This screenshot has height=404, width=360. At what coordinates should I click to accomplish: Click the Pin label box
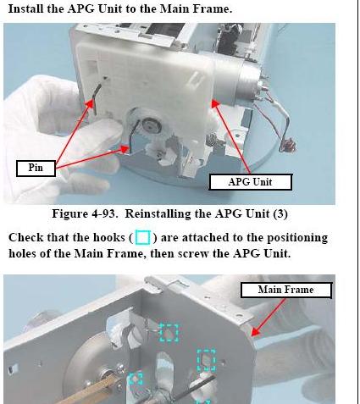36,169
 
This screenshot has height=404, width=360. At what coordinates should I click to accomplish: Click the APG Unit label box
251,182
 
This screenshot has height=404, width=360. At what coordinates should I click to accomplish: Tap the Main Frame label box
286,290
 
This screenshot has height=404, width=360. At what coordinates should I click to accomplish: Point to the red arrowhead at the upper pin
90,104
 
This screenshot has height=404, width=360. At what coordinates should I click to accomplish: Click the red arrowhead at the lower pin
125,149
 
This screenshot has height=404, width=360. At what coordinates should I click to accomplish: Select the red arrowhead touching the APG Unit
215,103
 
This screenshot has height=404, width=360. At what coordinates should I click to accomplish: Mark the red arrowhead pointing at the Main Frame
255,331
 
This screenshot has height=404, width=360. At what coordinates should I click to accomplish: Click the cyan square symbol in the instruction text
143,237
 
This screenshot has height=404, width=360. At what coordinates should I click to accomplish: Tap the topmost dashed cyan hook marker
169,332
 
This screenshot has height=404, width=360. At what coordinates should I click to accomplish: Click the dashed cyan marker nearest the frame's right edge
206,359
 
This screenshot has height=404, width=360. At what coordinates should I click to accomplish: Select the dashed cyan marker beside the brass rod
136,379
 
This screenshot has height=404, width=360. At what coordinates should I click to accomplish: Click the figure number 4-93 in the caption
103,213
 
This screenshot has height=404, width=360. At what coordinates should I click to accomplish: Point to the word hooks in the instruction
109,237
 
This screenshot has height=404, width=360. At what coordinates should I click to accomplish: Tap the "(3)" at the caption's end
280,214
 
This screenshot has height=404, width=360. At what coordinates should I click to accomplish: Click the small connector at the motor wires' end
288,146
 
